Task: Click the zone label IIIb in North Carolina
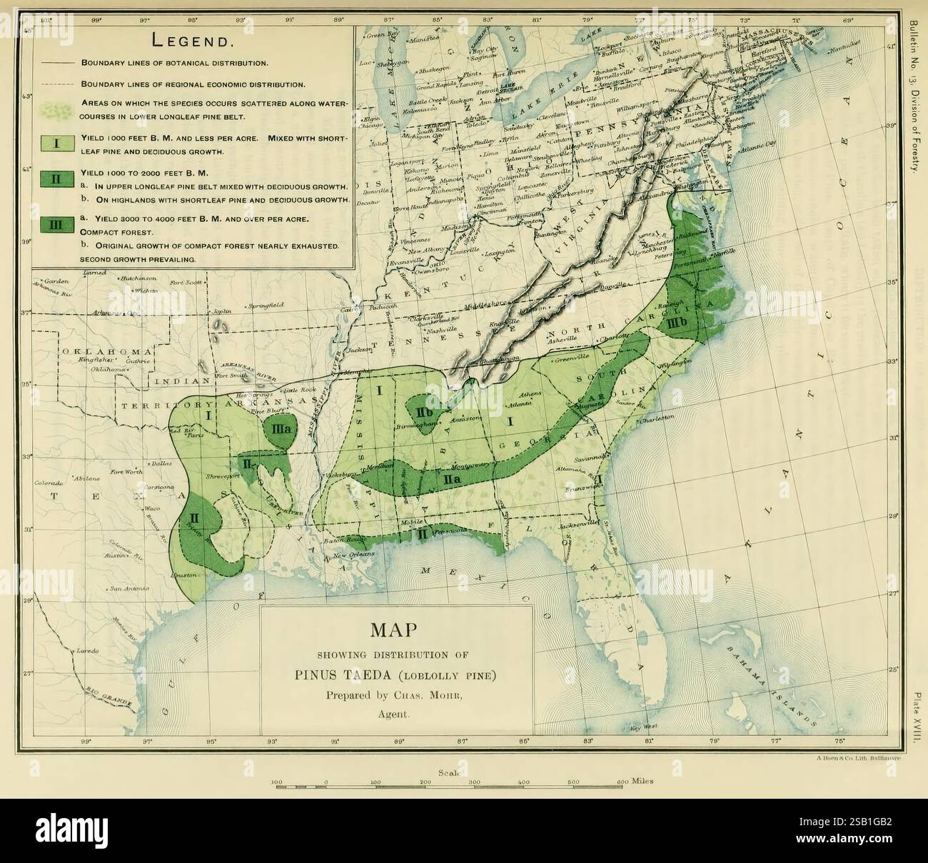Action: (677, 323)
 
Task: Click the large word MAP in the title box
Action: (396, 631)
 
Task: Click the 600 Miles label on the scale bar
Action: (635, 782)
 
